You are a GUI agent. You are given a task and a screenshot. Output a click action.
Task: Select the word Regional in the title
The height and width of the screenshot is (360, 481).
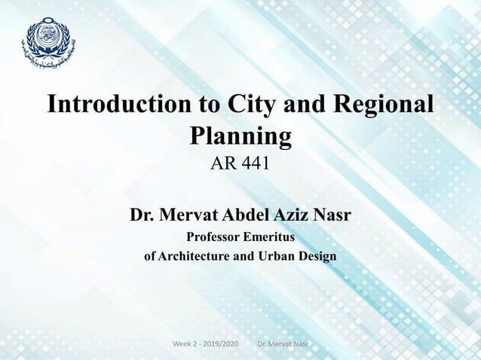pyautogui.click(x=384, y=105)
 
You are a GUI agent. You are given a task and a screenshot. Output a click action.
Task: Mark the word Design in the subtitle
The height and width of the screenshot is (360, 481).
pyautogui.click(x=319, y=256)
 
